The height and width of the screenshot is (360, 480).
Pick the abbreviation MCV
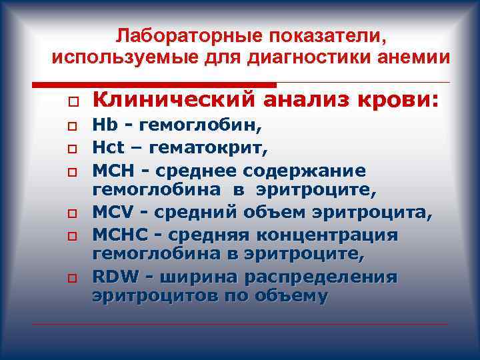[111, 213]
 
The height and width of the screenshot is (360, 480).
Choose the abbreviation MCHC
[117, 235]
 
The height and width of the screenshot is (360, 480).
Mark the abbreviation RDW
[113, 276]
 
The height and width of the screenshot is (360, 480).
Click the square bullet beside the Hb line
[69, 126]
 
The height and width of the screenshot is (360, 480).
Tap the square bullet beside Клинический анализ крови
[69, 101]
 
